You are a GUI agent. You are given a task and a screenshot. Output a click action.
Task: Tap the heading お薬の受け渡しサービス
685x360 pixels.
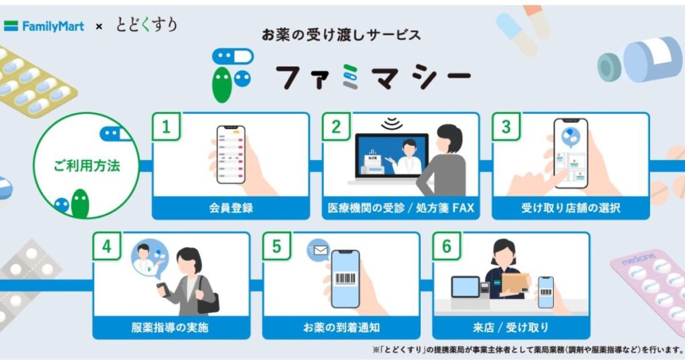pos(342,34)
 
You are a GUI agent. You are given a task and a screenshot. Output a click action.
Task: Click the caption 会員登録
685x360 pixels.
pos(231,208)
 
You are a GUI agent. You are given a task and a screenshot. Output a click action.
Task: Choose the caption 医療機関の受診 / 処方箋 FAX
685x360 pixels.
pos(401,208)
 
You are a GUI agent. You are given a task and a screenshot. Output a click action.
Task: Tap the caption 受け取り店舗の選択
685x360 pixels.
pos(571,208)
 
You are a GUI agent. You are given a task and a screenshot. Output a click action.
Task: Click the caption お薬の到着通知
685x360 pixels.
pos(341,328)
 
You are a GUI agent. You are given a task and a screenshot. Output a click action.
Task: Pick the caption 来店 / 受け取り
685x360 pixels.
pos(511,328)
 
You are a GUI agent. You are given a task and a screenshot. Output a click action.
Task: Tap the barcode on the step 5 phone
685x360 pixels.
pos(345,278)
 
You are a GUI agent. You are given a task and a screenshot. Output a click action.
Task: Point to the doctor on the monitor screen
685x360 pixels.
pos(406,155)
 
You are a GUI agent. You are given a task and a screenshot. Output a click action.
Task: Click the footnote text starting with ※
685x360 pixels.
pos(528,349)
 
